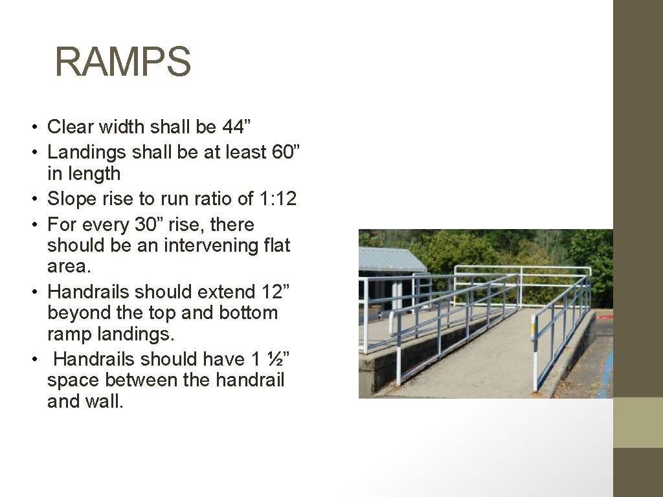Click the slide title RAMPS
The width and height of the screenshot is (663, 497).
(x=123, y=61)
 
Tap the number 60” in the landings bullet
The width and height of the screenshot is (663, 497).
(x=286, y=152)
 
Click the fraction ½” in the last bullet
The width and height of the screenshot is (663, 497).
(x=267, y=359)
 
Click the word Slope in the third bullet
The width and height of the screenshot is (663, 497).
(x=72, y=199)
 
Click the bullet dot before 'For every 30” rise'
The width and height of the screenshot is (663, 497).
(x=40, y=225)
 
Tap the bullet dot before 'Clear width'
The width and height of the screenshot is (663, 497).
(x=40, y=127)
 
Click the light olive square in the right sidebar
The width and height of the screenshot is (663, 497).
(x=638, y=422)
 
